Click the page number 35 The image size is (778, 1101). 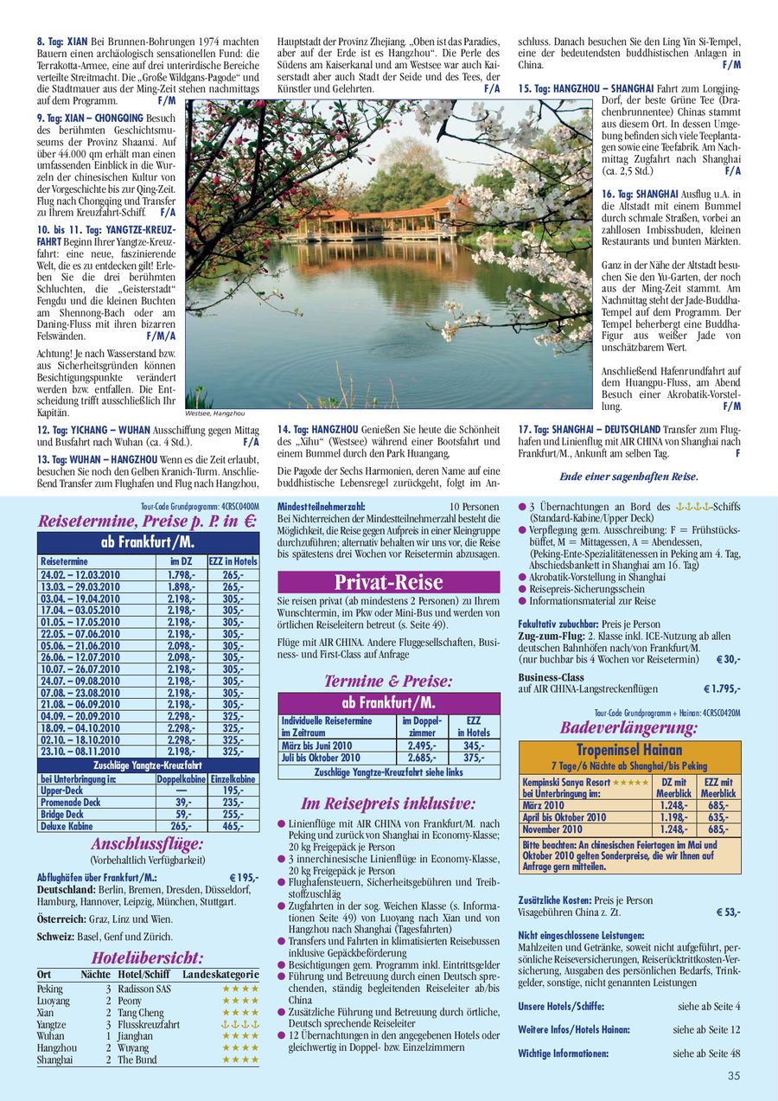(734, 1076)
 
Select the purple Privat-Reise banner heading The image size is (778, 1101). (388, 581)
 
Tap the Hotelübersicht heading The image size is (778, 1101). (148, 957)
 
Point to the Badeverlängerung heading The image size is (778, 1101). (628, 727)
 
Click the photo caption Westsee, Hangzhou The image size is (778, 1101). (215, 413)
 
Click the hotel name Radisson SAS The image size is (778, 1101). (144, 989)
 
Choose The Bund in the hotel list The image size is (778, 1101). (137, 1059)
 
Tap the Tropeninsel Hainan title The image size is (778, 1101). (629, 750)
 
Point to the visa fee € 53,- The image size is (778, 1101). (728, 912)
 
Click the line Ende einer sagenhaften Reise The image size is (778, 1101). (628, 477)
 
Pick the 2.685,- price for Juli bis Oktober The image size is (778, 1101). (422, 758)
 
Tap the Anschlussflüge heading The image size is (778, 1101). (147, 843)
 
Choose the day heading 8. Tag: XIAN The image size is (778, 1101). (62, 42)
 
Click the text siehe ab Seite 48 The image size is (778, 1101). (709, 1053)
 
